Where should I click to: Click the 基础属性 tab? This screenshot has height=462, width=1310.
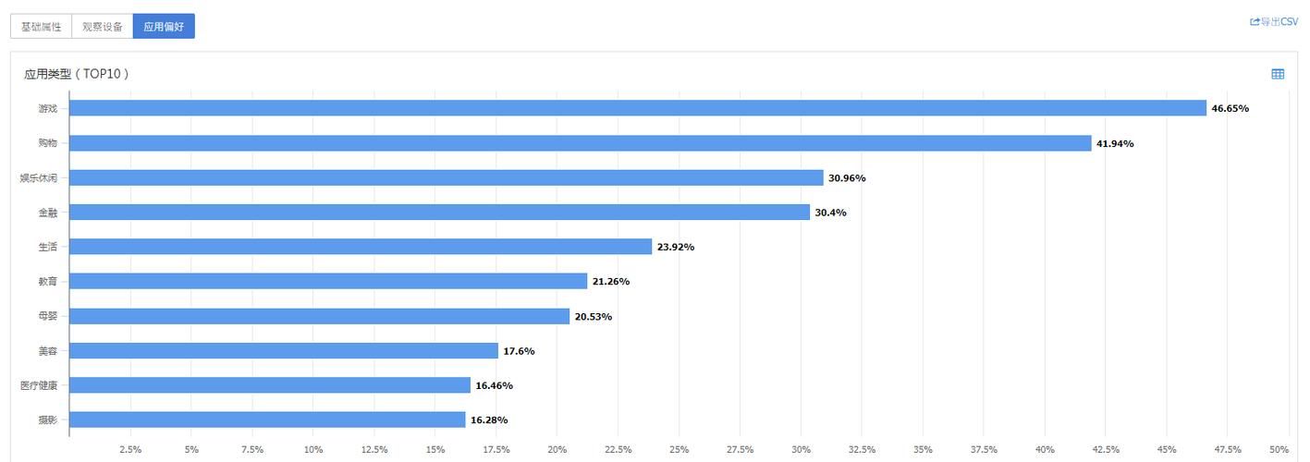[x=41, y=27]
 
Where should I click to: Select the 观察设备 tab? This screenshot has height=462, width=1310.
[x=102, y=27]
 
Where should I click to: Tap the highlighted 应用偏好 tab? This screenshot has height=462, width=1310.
[x=164, y=27]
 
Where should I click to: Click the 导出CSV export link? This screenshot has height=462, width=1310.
[x=1274, y=21]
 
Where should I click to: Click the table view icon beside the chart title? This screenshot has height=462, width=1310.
[x=1278, y=74]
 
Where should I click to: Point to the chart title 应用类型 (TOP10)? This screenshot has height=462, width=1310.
[x=76, y=74]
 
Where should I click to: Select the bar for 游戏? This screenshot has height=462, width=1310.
[x=638, y=108]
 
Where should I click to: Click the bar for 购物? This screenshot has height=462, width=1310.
[x=581, y=143]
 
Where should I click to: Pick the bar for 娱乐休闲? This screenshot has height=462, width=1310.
[x=446, y=177]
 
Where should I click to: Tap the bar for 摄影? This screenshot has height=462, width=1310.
[x=267, y=419]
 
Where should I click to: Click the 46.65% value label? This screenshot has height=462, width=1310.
[x=1230, y=108]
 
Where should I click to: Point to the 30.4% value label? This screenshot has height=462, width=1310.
[x=830, y=213]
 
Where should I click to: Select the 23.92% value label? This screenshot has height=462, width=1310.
[x=675, y=247]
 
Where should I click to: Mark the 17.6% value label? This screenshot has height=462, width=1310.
[x=519, y=351]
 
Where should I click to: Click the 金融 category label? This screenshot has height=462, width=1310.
[x=47, y=213]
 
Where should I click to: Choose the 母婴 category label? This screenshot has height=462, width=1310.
[x=47, y=316]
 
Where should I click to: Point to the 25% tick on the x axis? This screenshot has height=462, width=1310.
[x=679, y=449]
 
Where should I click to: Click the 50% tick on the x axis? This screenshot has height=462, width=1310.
[x=1279, y=449]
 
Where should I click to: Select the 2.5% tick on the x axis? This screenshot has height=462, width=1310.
[x=130, y=449]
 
